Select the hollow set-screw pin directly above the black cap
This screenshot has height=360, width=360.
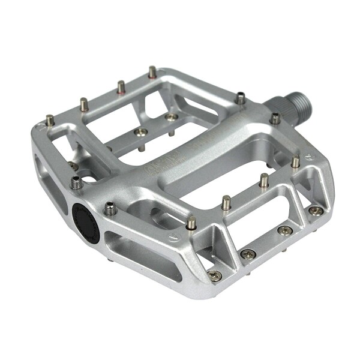click(76, 182)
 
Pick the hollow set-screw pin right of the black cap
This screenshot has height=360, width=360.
click(110, 209)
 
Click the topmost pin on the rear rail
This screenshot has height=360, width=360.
click(152, 72)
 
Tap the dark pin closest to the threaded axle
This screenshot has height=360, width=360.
click(240, 98)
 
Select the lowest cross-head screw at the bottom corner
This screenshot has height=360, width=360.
click(214, 275)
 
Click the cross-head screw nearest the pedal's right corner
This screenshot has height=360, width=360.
click(314, 210)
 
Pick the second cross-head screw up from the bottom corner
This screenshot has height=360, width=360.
click(247, 254)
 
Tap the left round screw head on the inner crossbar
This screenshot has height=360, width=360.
click(140, 132)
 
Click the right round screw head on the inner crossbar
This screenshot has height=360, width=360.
click(172, 117)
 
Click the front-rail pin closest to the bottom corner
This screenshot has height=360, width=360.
click(191, 223)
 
